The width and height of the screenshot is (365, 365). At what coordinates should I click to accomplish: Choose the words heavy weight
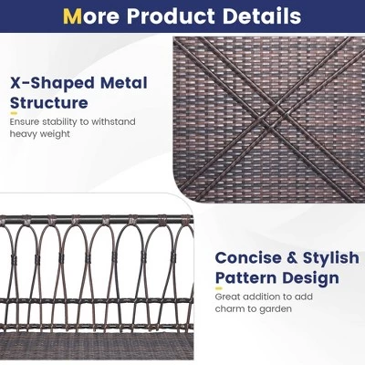coord(41,134)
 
